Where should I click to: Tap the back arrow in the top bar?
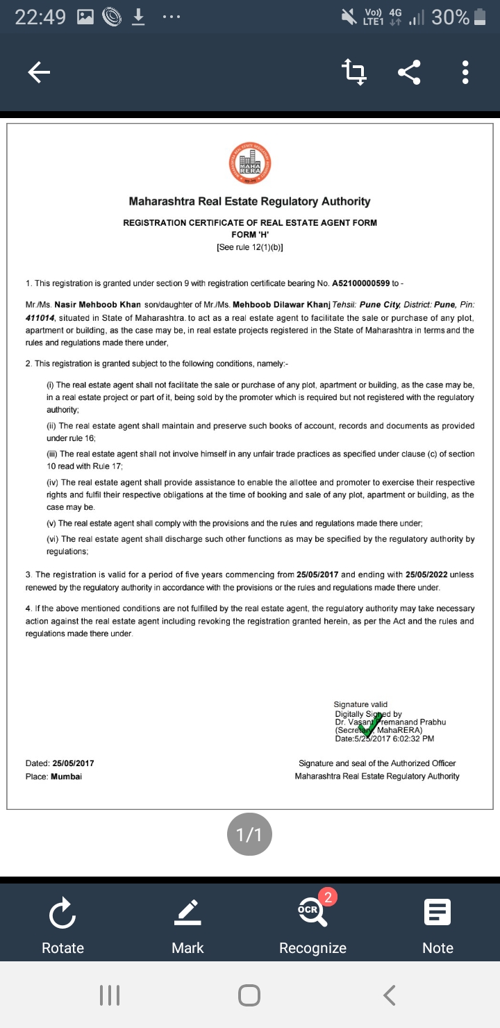coord(39,72)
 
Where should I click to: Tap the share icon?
coord(410,72)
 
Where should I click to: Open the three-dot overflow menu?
coord(465,72)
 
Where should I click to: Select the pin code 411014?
coord(40,317)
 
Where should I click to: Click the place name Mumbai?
coord(66,776)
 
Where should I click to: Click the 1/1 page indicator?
coord(249,835)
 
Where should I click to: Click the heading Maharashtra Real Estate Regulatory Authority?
coord(249,201)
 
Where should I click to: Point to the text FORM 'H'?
coord(249,234)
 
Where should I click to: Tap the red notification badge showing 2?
coord(330,897)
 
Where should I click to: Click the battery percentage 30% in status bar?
coord(450,18)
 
